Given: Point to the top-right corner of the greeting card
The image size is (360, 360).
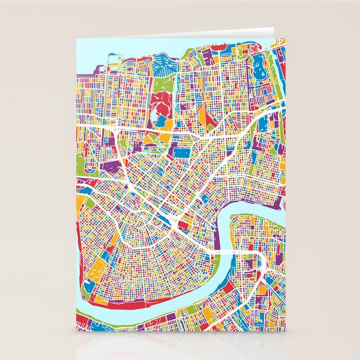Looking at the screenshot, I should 273,28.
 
